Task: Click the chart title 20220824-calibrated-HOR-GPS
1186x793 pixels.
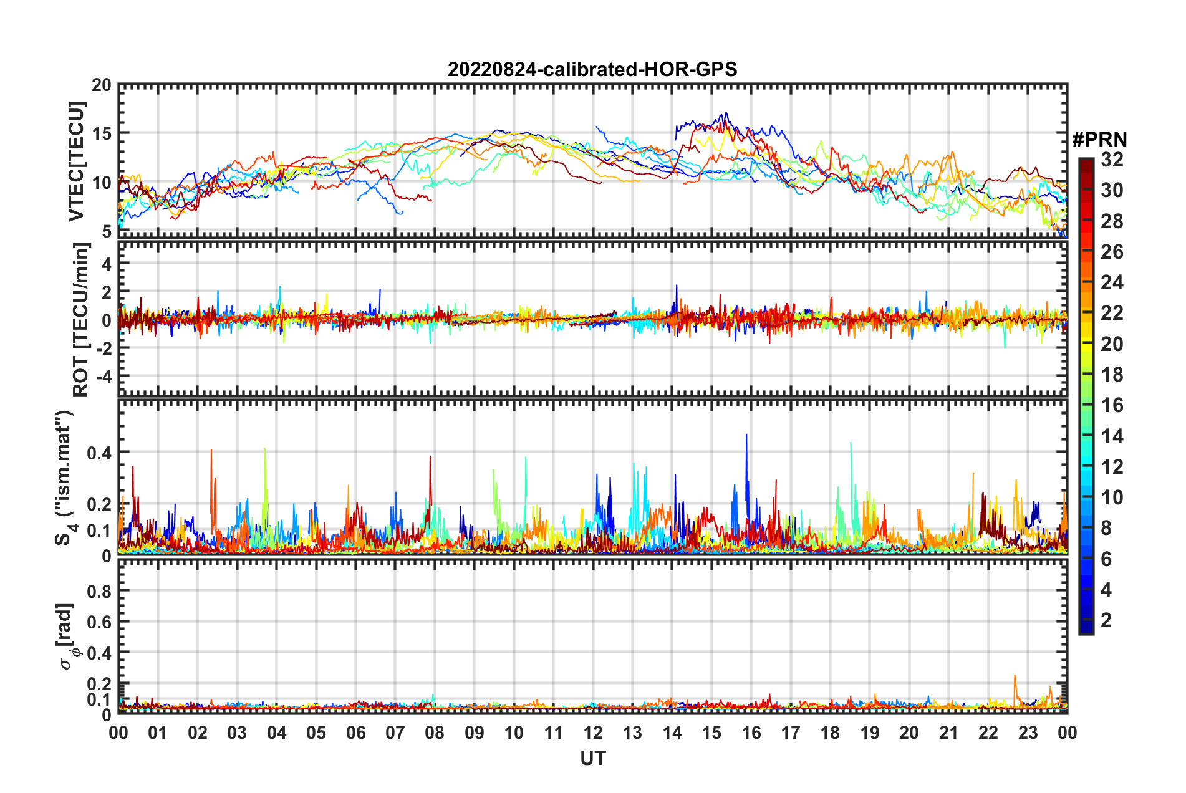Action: [592, 69]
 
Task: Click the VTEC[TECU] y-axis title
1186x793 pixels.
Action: [76, 162]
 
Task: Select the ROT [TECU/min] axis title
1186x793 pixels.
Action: [81, 319]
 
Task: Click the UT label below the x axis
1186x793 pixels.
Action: [592, 758]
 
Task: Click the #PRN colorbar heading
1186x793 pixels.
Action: [1099, 139]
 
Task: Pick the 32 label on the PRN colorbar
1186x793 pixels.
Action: [1112, 160]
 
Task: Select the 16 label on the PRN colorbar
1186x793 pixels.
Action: [1112, 406]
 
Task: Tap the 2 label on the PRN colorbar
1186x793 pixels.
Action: [1107, 620]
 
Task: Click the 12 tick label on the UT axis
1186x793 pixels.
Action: [592, 733]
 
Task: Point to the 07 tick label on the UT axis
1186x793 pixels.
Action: [395, 733]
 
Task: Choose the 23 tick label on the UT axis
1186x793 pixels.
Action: [1028, 733]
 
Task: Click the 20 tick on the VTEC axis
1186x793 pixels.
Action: [102, 85]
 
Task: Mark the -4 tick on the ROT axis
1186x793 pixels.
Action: [103, 377]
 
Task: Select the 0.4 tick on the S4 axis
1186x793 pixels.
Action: [100, 453]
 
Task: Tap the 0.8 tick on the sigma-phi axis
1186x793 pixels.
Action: [100, 591]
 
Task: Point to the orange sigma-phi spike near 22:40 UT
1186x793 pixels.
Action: [1015, 676]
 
